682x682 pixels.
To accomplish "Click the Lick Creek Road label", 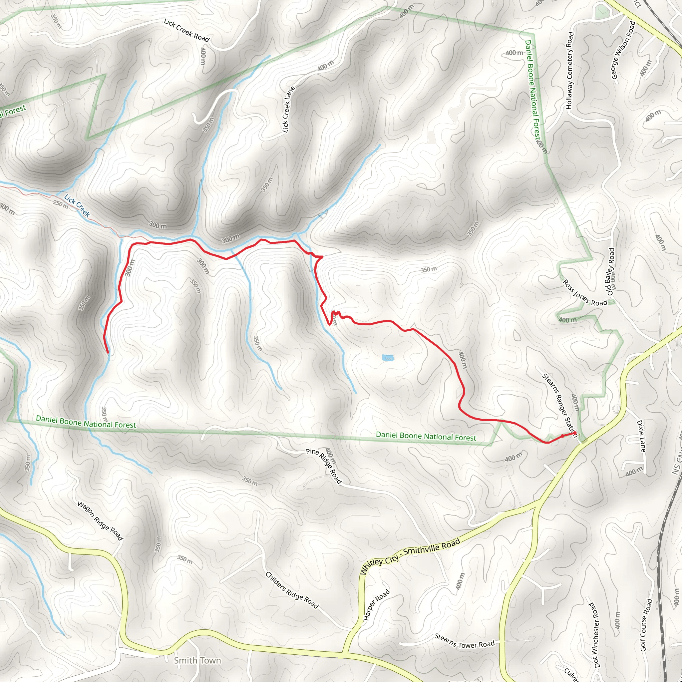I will click(186, 30).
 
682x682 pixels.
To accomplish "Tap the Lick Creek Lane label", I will click(288, 110).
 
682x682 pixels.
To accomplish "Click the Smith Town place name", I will click(197, 660).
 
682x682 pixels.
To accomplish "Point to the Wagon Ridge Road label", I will click(100, 521).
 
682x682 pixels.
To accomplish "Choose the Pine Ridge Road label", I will click(324, 466).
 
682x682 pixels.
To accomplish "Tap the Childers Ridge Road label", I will click(292, 590).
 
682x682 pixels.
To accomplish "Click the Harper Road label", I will click(377, 605).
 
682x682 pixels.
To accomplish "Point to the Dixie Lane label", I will click(641, 436).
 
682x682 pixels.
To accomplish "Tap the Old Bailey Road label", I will click(610, 272).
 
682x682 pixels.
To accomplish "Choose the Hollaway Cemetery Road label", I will click(570, 71).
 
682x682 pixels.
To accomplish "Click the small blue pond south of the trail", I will click(388, 358).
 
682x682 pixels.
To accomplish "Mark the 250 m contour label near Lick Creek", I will click(61, 204).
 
